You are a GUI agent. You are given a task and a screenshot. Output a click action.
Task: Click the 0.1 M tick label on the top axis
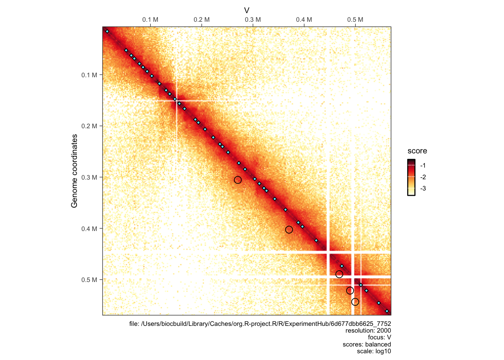coord(150,19)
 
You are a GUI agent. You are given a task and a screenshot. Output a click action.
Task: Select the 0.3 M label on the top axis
coord(253,19)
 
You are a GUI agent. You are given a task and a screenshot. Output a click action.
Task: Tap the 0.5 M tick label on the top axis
coord(355,19)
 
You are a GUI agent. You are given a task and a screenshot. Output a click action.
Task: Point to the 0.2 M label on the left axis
coord(89,126)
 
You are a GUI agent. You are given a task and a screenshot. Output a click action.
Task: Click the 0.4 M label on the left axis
coord(89,229)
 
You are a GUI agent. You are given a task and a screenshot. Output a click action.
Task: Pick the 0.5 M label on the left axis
coord(89,280)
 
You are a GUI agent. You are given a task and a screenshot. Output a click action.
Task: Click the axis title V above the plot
coord(247,10)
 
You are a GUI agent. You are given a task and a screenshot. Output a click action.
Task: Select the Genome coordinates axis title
coord(74,171)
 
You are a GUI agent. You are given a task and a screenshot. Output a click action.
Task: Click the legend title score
coord(417,151)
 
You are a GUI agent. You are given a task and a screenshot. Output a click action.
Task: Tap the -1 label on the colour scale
coord(423,165)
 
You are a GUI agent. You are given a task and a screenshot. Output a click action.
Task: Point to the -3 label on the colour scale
coord(423,188)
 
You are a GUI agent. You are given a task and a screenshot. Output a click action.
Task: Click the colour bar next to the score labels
coord(411,177)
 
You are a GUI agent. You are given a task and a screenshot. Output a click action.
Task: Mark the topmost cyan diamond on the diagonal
coord(107,31)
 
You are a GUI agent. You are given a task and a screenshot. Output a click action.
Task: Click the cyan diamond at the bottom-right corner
coord(387,311)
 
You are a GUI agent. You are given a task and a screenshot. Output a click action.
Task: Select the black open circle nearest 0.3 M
coord(238,180)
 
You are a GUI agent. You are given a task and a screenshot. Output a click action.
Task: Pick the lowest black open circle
coord(355,302)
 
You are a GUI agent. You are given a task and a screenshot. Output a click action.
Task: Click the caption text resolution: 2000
coord(368,330)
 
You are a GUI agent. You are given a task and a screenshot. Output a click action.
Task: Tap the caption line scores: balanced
coord(366,344)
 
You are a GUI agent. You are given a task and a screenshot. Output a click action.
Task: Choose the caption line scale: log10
coord(373,351)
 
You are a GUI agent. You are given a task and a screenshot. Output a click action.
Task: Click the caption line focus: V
coord(379,337)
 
